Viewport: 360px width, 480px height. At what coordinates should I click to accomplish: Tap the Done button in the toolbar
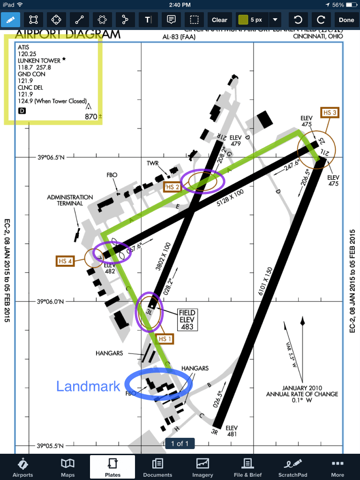click(346, 20)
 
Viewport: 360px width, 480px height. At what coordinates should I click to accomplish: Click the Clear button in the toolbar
click(219, 20)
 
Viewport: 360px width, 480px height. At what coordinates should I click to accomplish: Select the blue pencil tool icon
click(11, 20)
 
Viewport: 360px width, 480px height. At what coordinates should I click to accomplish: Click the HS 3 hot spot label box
click(329, 112)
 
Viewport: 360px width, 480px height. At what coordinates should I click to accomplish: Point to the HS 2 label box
click(172, 187)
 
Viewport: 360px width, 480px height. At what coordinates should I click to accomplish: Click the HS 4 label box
click(64, 261)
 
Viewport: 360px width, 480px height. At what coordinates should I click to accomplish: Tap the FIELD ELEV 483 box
click(187, 320)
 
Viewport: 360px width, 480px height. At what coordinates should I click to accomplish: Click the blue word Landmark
click(88, 386)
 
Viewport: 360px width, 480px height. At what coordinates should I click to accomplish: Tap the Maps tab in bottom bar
click(67, 467)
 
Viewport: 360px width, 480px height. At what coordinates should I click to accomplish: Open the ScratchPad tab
click(293, 467)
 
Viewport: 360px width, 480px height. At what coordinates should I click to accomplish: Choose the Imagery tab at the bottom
click(202, 467)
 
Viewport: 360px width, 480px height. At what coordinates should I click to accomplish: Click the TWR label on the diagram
click(153, 163)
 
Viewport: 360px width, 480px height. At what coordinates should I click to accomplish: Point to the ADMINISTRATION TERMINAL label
click(70, 200)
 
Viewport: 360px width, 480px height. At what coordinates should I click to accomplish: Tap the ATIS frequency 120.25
click(27, 54)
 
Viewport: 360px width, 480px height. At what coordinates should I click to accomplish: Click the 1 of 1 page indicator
click(180, 443)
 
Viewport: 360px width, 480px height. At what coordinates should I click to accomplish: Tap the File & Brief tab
click(247, 467)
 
